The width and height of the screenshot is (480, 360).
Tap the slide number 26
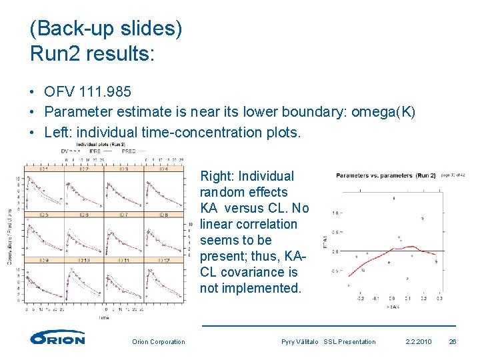click(x=452, y=342)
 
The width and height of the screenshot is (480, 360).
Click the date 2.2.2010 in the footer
click(x=418, y=342)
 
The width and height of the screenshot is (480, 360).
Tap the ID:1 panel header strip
click(x=43, y=169)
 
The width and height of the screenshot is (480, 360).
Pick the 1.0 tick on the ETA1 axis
click(x=337, y=213)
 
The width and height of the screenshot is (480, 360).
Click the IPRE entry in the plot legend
click(x=95, y=151)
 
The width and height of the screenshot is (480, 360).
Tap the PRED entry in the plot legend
click(x=128, y=151)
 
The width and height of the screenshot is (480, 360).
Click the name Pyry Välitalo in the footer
click(x=301, y=342)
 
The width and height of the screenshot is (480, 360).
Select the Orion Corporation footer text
click(x=159, y=342)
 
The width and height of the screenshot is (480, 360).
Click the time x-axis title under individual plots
click(x=104, y=318)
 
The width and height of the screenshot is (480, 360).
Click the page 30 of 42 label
click(x=454, y=175)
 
